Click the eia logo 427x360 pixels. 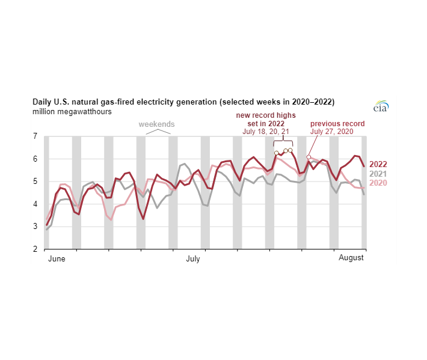[x=381, y=106]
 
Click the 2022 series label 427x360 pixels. [x=378, y=164]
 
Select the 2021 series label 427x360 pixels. [x=378, y=174]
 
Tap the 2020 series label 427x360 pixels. [x=378, y=183]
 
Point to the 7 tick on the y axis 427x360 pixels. [x=35, y=136]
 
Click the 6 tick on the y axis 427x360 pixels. [x=35, y=159]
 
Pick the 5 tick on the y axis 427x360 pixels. [x=35, y=182]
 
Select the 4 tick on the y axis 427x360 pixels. [x=35, y=204]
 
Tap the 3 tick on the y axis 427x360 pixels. [x=35, y=227]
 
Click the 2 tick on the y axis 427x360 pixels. [x=35, y=249]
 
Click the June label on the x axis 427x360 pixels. [x=57, y=258]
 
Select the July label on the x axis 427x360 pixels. [x=193, y=258]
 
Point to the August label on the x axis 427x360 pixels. [x=351, y=258]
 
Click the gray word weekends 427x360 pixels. [x=156, y=124]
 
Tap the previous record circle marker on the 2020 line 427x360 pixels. [x=309, y=157]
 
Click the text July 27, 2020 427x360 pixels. [x=332, y=132]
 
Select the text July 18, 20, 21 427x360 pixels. [x=266, y=132]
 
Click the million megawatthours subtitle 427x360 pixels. [x=72, y=112]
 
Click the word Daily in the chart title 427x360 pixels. [x=41, y=102]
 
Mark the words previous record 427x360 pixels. [x=337, y=124]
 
